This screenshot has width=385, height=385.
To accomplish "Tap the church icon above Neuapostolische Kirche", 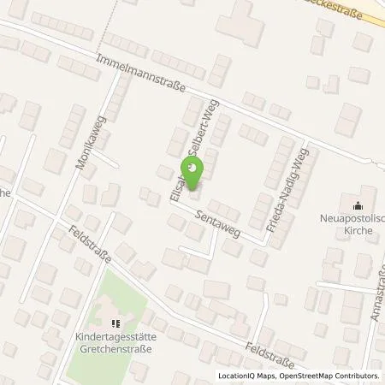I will tap(357, 204).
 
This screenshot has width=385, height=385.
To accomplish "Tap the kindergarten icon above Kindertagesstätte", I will tap(116, 323).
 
